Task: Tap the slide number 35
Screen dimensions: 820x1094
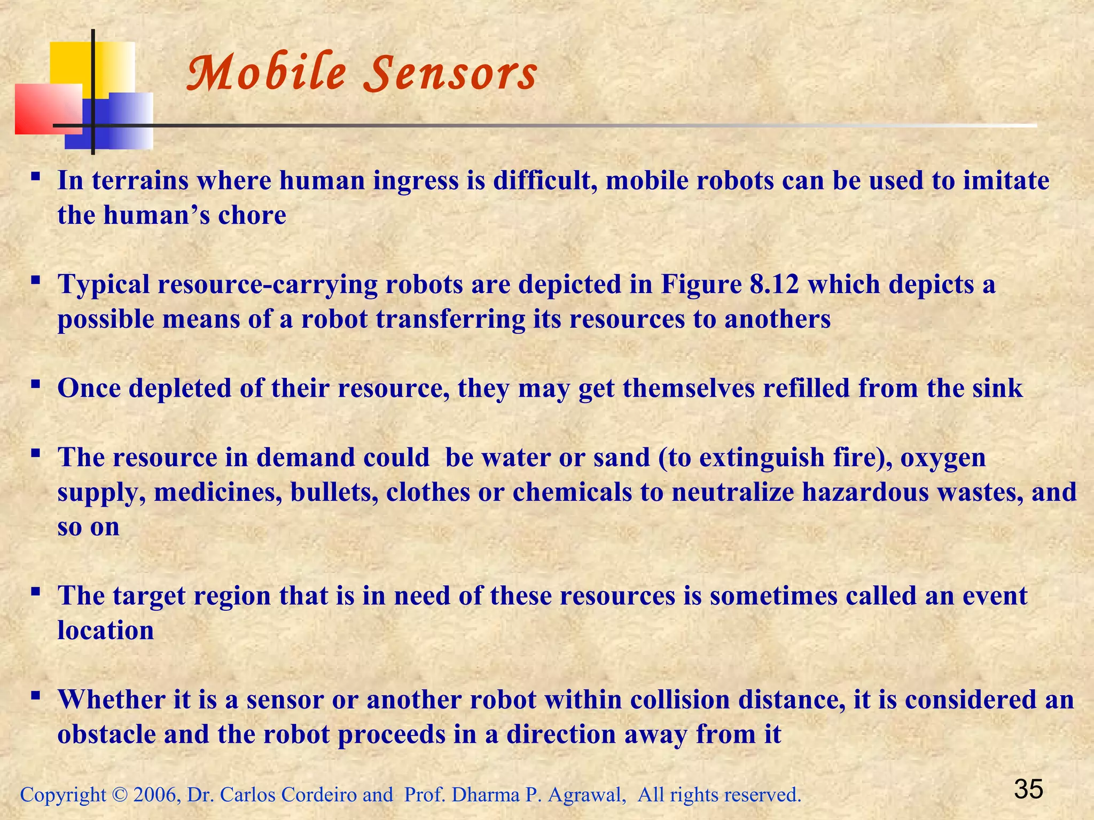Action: click(x=1028, y=789)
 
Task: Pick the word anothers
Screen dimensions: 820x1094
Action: click(x=777, y=319)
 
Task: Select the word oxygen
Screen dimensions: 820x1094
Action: click(x=943, y=458)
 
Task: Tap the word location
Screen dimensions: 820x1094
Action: click(x=106, y=630)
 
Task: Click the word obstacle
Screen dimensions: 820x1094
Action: click(x=106, y=735)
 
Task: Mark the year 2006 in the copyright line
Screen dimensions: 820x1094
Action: click(x=155, y=795)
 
